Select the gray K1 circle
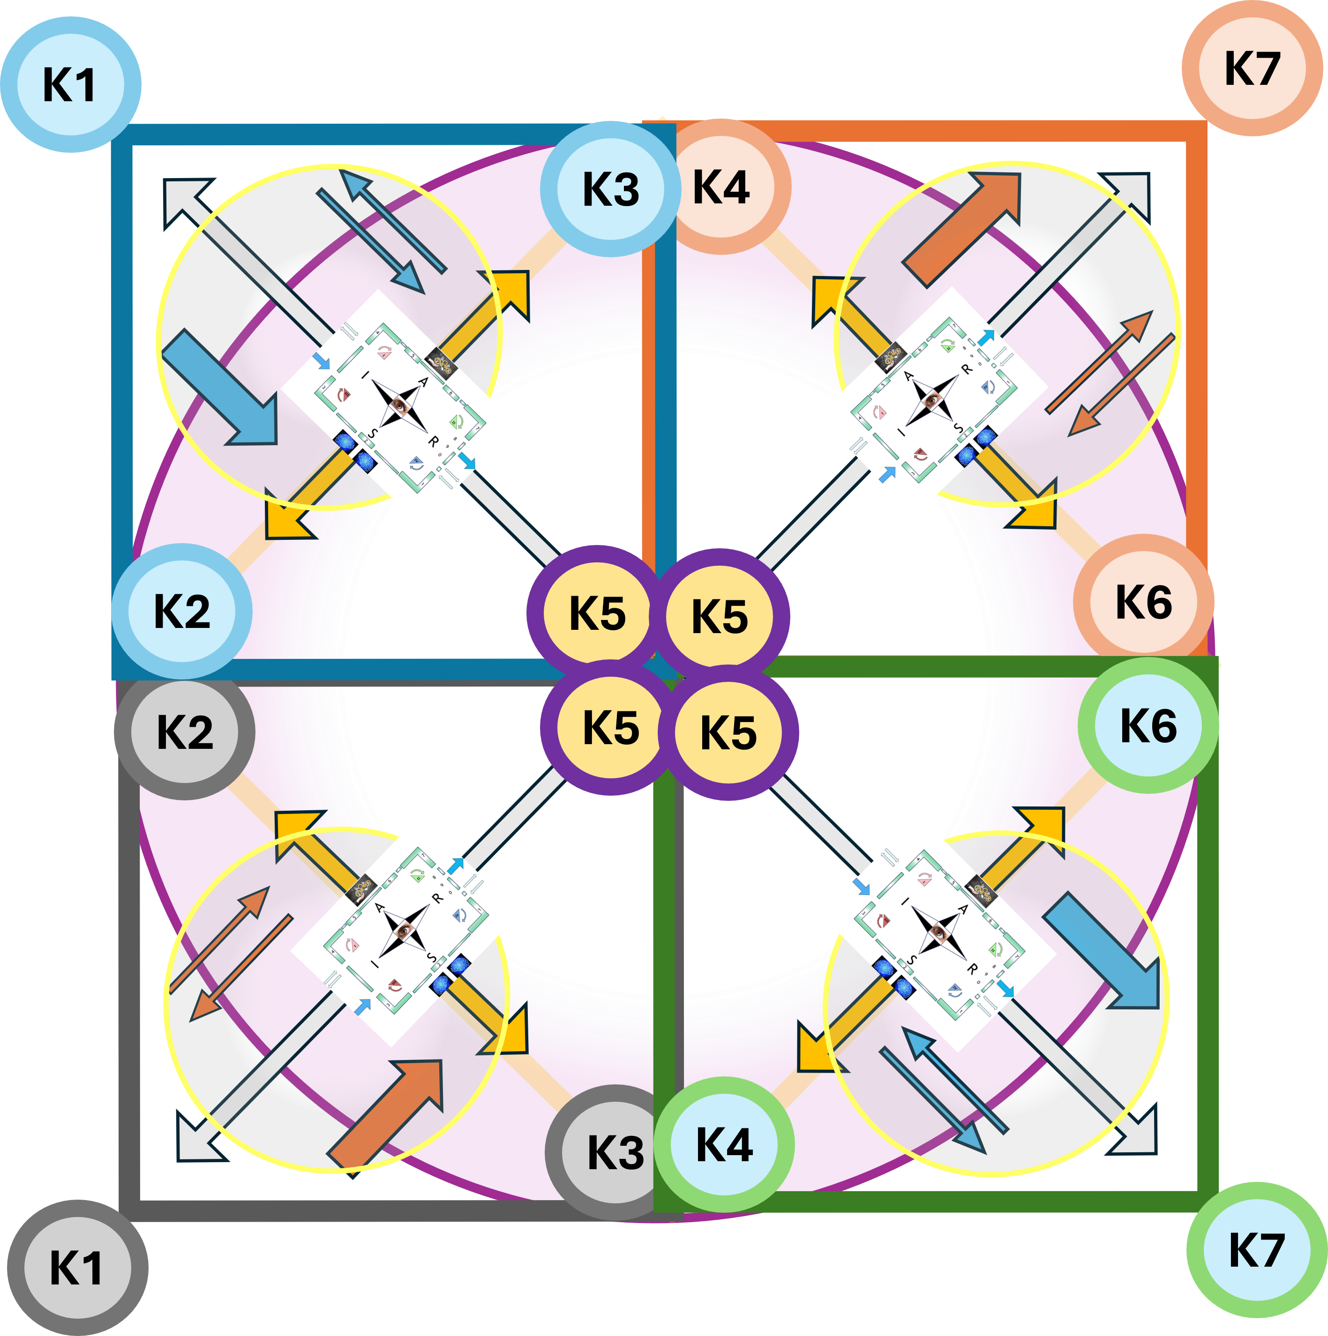click(77, 1268)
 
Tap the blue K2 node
click(182, 611)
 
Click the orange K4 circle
click(721, 187)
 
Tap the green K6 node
click(1148, 725)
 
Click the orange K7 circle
click(1252, 68)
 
